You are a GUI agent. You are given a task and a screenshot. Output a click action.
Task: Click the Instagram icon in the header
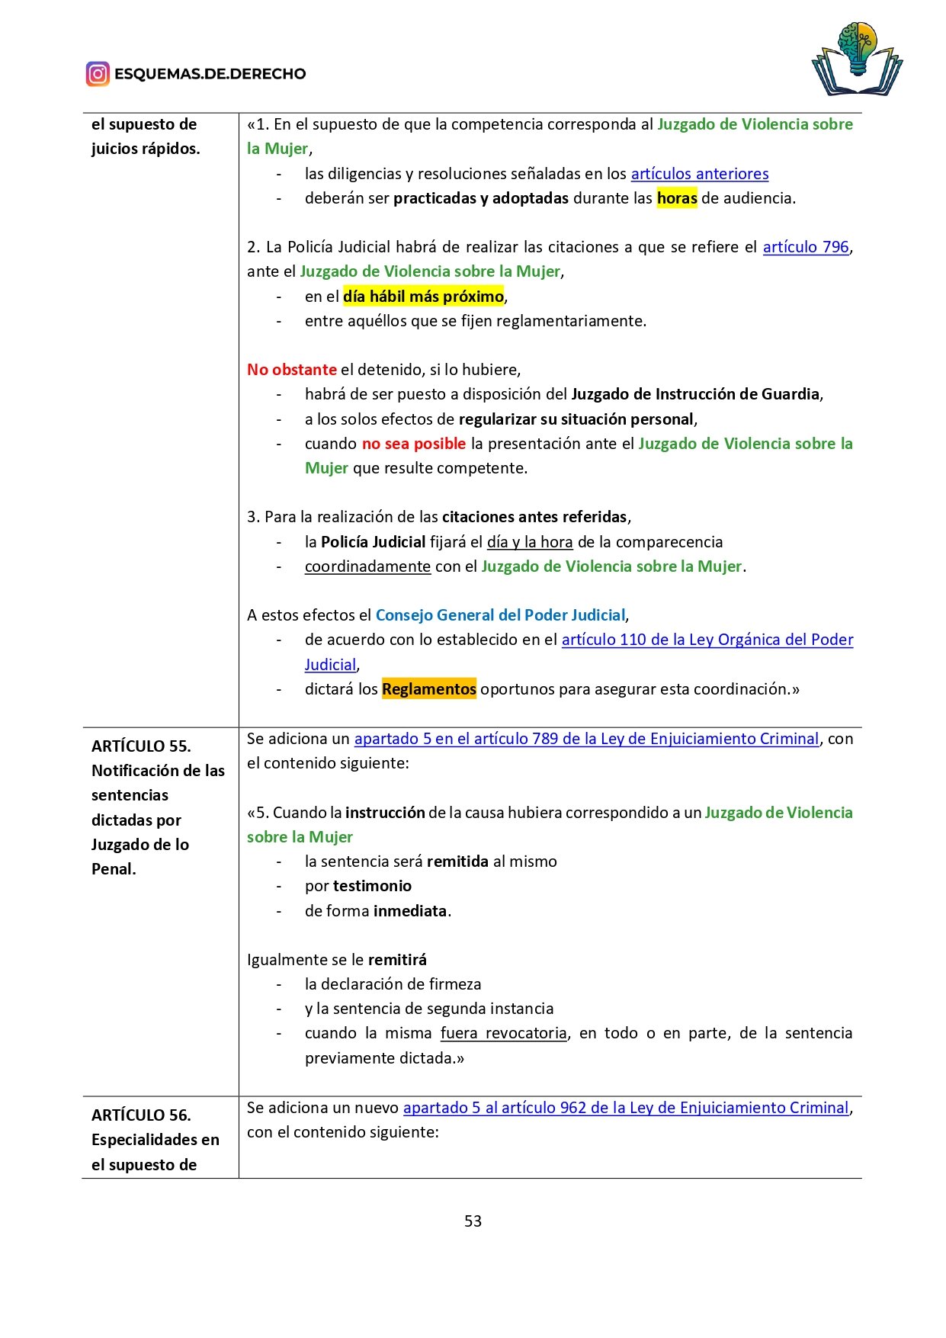(98, 74)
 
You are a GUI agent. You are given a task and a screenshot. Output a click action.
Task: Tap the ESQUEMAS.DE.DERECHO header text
(210, 74)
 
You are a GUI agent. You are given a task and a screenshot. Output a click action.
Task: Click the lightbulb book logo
(857, 59)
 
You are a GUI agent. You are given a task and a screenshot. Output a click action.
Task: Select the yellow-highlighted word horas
(677, 198)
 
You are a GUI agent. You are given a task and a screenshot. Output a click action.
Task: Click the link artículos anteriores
(699, 174)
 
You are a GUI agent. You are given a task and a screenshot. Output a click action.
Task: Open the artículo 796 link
(806, 247)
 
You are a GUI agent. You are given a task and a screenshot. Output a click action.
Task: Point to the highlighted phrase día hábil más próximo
(423, 297)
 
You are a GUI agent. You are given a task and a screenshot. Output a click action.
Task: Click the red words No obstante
(291, 370)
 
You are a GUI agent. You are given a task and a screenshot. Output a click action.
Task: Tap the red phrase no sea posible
(413, 444)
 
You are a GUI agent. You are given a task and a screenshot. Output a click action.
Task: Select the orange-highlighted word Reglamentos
(428, 689)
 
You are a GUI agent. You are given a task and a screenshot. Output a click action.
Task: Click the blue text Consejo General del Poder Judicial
(500, 615)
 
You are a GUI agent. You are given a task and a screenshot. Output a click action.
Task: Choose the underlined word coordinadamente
(367, 566)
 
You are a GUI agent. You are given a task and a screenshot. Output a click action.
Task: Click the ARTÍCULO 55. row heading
(141, 746)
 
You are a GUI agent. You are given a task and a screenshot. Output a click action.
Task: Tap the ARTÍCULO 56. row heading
(141, 1115)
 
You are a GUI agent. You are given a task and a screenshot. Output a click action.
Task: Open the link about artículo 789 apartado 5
(585, 739)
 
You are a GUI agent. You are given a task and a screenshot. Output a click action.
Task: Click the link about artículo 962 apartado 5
(625, 1108)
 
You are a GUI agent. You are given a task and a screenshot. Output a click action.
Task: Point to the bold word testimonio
(372, 886)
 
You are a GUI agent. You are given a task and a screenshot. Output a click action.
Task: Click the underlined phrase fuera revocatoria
(503, 1033)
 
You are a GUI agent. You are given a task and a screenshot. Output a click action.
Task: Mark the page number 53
(473, 1221)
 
